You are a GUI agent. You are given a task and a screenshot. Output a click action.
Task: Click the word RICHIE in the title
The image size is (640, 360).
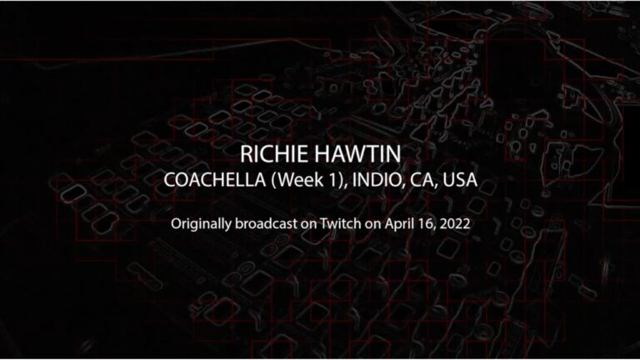273,154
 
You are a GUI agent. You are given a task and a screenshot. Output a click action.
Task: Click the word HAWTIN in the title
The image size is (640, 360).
357,154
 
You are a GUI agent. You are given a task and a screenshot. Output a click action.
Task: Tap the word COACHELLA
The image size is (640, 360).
215,180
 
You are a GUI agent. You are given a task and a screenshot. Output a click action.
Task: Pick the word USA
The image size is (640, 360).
460,180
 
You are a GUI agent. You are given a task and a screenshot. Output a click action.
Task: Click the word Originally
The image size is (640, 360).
201,224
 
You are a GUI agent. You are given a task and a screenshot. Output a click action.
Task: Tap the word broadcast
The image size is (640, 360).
266,223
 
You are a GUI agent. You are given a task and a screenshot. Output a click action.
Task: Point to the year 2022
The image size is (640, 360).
455,223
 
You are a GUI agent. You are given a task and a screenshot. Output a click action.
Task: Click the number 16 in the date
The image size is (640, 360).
426,224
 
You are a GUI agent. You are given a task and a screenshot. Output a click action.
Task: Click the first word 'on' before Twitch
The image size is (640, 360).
308,225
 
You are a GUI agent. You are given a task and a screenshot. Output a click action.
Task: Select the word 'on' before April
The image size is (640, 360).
373,225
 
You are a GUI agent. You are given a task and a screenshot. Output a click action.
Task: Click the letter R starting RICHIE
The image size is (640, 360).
246,154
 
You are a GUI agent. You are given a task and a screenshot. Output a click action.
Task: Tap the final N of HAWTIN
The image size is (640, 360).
393,154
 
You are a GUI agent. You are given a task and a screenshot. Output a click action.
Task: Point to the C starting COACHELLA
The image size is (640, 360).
171,180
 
